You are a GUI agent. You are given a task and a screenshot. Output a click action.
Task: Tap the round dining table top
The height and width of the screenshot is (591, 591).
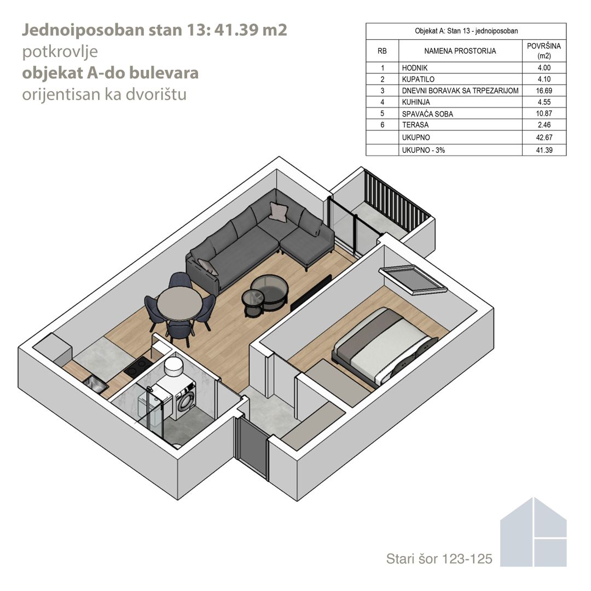(179, 303)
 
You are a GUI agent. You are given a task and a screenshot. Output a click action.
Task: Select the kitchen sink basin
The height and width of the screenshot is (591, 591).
(95, 384)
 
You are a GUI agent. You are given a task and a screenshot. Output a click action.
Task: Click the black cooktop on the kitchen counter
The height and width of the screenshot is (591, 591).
(138, 366)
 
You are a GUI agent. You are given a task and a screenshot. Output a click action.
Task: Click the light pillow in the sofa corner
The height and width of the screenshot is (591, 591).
(278, 211)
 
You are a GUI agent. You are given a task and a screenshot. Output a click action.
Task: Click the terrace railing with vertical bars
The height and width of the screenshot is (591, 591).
(397, 199)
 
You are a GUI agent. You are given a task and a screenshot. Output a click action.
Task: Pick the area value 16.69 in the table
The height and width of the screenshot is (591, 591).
(544, 90)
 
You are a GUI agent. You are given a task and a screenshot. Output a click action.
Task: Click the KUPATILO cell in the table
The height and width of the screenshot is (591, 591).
(418, 79)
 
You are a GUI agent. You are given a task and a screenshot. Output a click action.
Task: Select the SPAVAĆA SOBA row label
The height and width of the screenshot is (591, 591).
(427, 114)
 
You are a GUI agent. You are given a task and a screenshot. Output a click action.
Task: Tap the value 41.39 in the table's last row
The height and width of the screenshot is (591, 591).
(544, 150)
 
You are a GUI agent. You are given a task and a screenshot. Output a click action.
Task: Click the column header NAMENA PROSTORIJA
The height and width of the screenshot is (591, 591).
(460, 51)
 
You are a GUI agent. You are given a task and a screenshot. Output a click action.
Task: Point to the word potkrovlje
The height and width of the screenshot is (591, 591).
(60, 52)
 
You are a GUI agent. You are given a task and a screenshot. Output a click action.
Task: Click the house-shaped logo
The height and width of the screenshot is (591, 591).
(533, 532)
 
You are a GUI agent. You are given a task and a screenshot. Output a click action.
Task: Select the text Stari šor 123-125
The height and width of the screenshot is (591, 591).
(439, 559)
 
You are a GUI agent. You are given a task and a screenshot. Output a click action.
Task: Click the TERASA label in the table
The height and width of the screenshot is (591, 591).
(415, 125)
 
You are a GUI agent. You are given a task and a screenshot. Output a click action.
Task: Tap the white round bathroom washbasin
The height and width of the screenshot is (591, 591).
(174, 366)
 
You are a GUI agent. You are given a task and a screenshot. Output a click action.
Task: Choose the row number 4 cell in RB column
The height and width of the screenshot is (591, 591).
(382, 102)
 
